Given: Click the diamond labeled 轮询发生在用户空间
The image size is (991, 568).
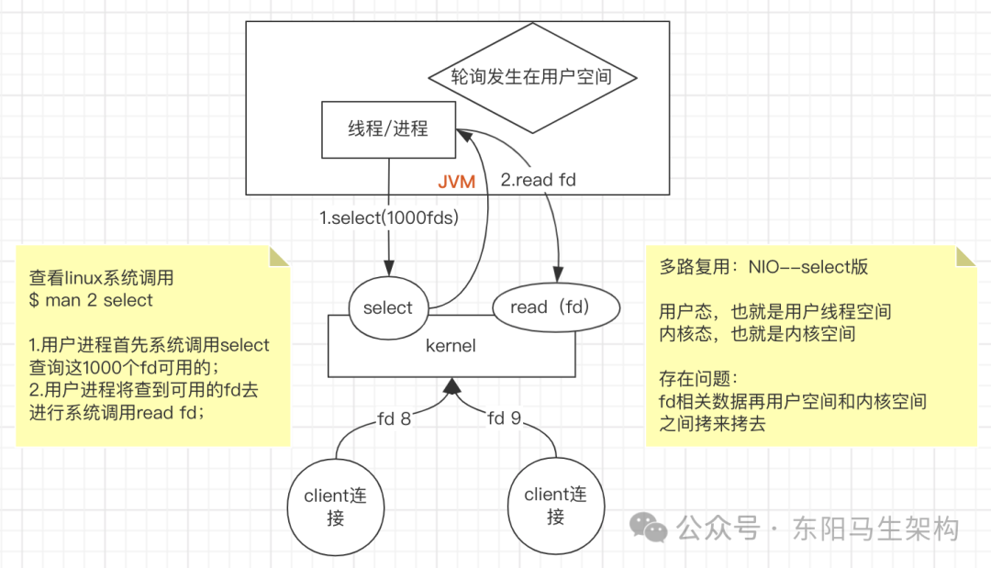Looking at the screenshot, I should pos(532,76).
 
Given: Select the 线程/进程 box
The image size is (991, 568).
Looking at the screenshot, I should pos(388,129).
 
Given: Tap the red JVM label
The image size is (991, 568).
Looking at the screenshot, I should pos(456,182).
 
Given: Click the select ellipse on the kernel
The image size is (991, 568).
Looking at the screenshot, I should pos(388,308).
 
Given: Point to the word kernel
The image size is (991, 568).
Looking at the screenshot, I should pos(451,346).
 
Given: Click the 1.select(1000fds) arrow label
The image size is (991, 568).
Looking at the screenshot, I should pos(388,218).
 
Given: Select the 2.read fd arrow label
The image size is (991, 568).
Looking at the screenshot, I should pos(538,180).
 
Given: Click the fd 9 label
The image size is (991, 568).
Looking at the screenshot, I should pos(505,419).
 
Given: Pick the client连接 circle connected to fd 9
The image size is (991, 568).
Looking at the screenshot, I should pos(555,505).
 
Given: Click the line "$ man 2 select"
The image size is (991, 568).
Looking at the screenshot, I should pos(91,300).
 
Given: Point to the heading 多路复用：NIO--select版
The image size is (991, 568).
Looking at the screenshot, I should pos(763,268).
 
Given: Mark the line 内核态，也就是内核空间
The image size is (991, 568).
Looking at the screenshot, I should pos(757,334).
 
